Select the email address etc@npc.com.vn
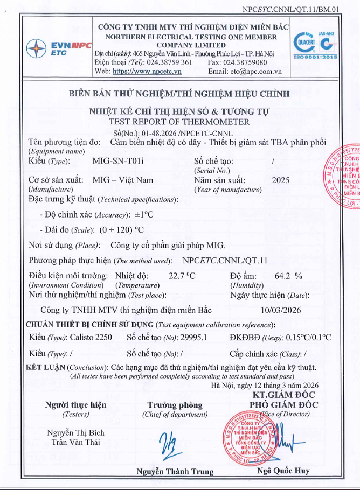(254, 71)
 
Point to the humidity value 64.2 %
(288, 276)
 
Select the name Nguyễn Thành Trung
(175, 472)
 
